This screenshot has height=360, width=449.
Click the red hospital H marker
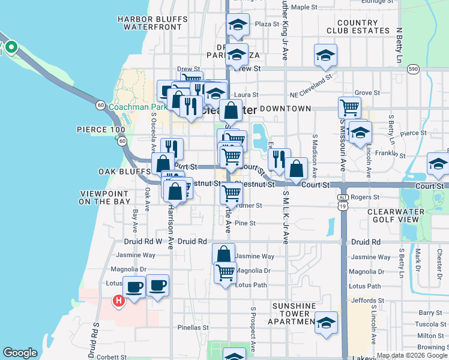tap(119, 301)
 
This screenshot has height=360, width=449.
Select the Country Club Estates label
tap(358, 26)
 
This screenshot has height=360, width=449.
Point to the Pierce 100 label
tap(101, 130)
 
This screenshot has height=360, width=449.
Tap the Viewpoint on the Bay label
tap(105, 197)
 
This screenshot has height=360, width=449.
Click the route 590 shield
tap(413, 69)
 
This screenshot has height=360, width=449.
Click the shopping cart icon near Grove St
tap(349, 109)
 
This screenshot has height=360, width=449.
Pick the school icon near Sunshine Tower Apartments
tap(326, 322)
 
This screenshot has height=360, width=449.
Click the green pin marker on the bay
tap(10, 47)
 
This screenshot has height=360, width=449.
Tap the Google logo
tap(20, 353)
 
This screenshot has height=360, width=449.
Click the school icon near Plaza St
tap(238, 25)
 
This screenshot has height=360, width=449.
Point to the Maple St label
tap(307, 7)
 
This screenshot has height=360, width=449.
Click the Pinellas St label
tap(192, 328)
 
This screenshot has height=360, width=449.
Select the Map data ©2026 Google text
tap(411, 355)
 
